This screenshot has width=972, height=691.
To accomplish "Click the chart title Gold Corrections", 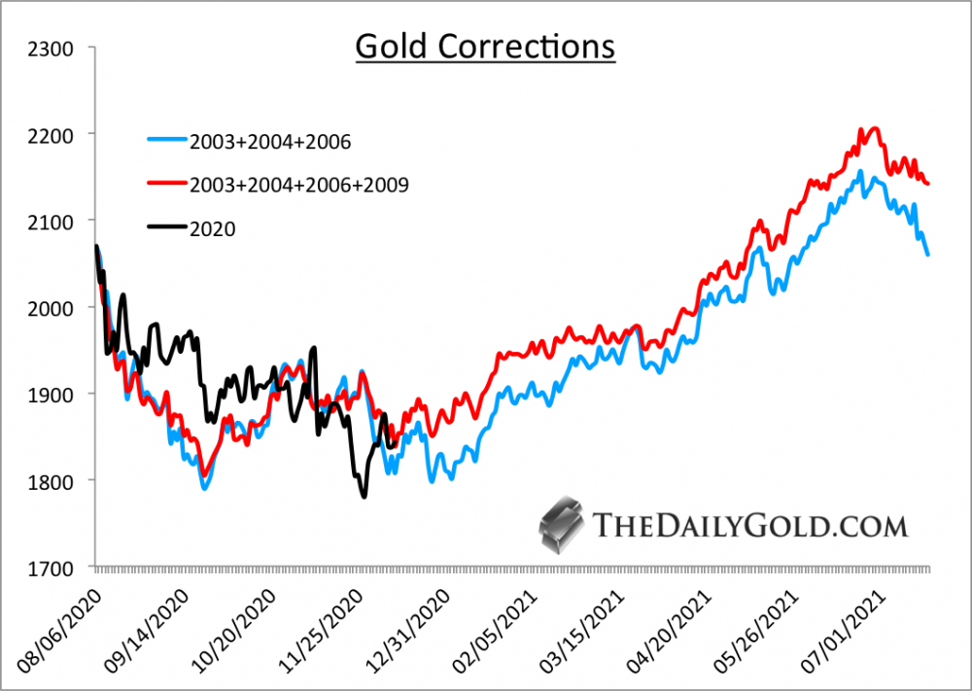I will (485, 46).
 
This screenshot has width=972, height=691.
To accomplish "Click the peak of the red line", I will (872, 128).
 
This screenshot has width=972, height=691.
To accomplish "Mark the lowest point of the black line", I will (364, 497).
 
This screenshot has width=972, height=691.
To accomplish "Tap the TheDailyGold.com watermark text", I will (749, 526).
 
